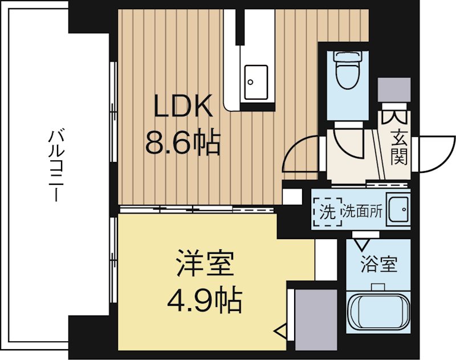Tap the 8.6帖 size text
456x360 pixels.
tap(182, 143)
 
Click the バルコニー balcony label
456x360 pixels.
tap(55, 165)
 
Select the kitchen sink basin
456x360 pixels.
tap(256, 82)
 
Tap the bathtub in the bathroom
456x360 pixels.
tap(378, 313)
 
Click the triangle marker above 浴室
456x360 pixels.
tap(363, 244)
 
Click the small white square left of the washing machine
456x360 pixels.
tap(292, 196)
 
